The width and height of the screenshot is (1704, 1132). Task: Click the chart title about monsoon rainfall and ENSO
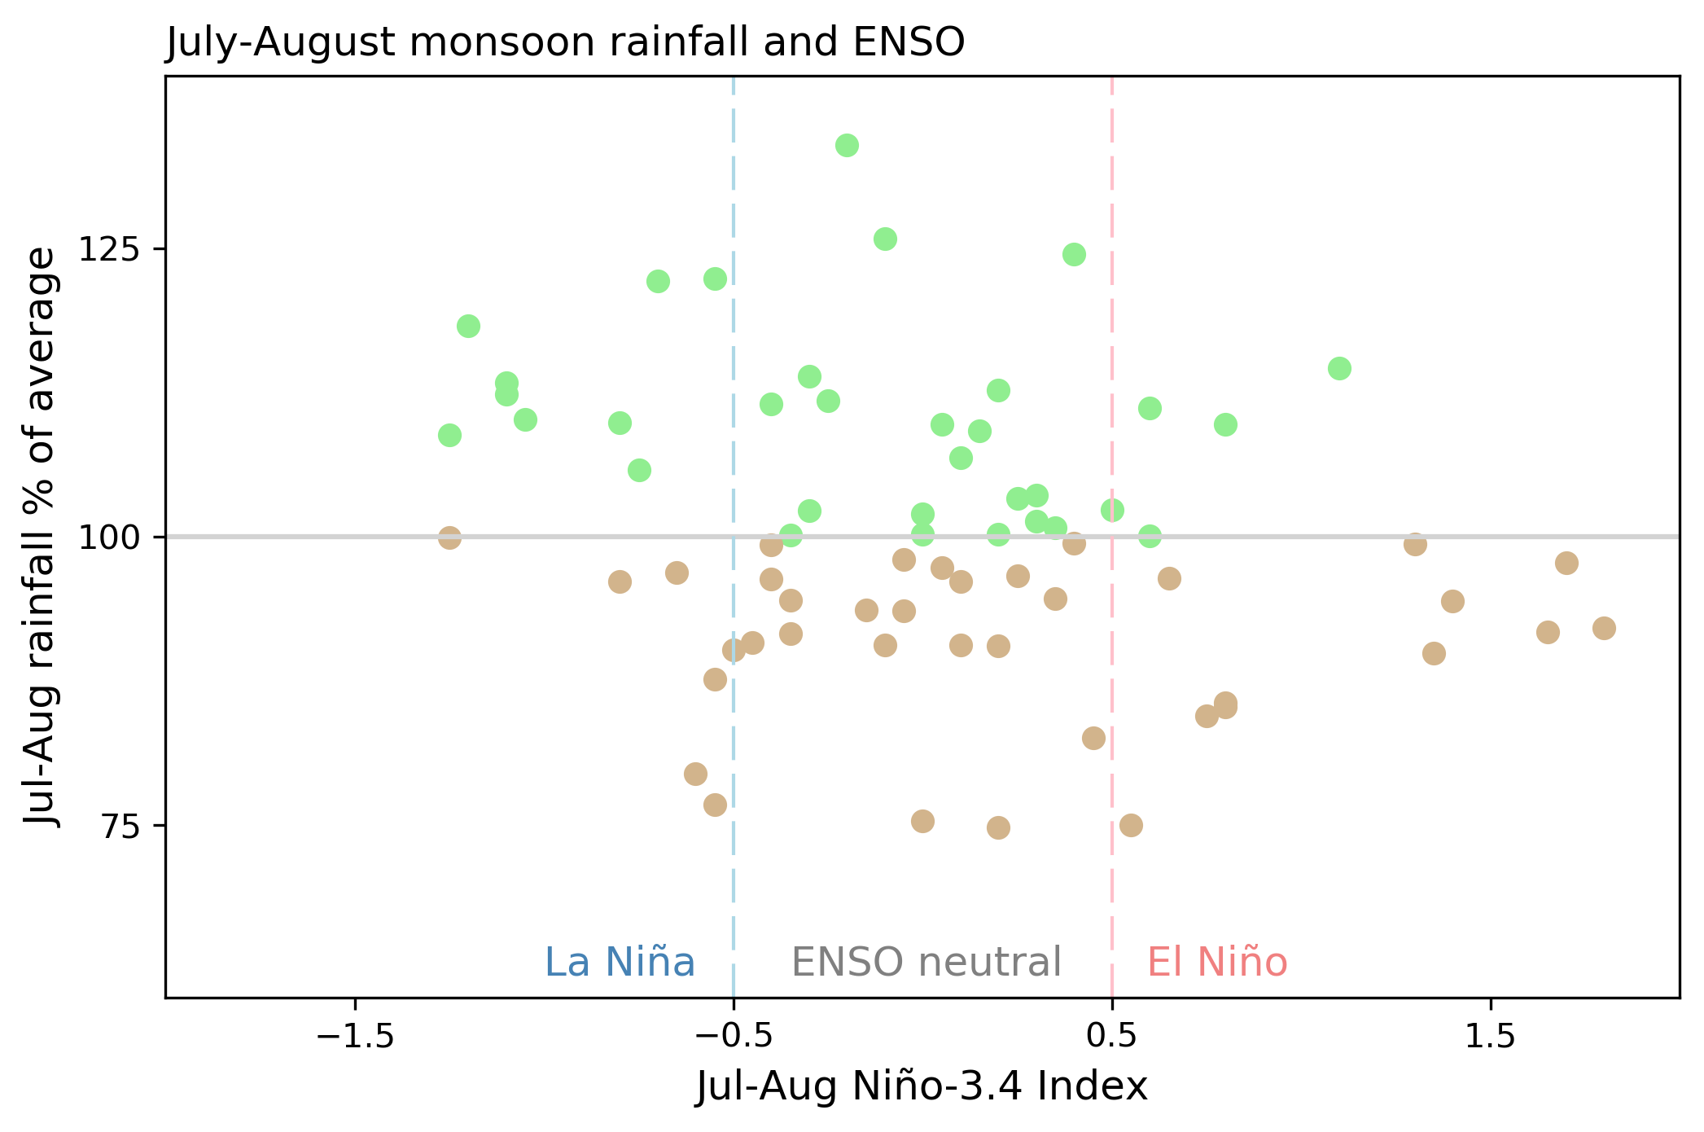(x=565, y=42)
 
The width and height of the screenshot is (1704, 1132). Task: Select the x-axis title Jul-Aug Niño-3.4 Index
(x=922, y=1086)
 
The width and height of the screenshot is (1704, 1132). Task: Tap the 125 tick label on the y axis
(x=111, y=249)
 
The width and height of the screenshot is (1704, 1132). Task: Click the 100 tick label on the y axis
(x=111, y=537)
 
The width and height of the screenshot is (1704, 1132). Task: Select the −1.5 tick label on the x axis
(x=355, y=1038)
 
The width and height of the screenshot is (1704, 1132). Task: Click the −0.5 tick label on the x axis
(x=734, y=1038)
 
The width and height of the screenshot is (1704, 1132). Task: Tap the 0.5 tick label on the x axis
(x=1112, y=1038)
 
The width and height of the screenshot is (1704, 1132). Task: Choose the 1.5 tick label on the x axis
(x=1490, y=1038)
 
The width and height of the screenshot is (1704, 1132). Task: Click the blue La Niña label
(x=620, y=963)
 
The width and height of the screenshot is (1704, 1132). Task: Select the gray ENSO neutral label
(x=926, y=963)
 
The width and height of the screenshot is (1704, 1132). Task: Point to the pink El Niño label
(x=1217, y=963)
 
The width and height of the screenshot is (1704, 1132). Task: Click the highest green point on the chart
(x=847, y=146)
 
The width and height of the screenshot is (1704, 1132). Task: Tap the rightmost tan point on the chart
(x=1604, y=629)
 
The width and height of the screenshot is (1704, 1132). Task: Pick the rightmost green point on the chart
(x=1339, y=369)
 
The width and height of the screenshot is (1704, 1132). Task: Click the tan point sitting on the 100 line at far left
(x=449, y=537)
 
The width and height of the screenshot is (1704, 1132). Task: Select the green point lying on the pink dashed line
(x=1112, y=511)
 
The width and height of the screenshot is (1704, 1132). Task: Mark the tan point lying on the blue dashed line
(x=734, y=650)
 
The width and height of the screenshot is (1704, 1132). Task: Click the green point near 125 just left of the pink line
(x=1074, y=255)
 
